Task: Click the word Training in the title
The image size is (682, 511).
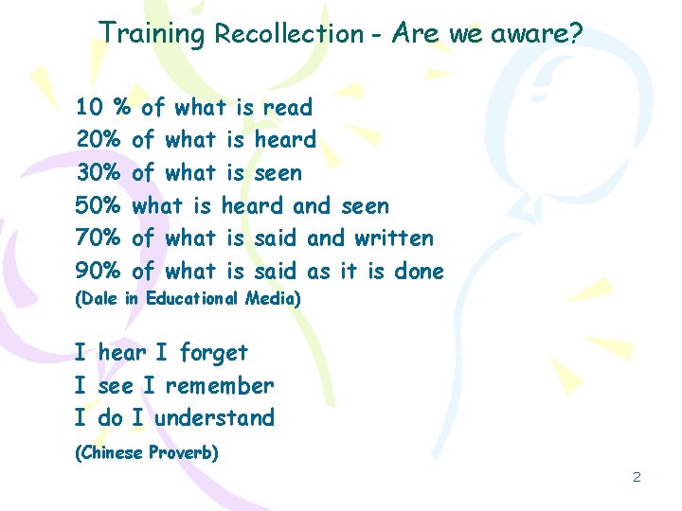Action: click(x=152, y=34)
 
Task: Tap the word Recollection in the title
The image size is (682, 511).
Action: click(x=288, y=34)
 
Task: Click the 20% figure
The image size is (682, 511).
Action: click(x=99, y=140)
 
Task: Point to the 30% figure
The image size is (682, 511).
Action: click(x=99, y=173)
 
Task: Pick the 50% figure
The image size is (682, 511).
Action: click(x=99, y=205)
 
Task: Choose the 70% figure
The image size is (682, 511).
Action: click(x=99, y=238)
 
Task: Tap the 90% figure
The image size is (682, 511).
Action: click(x=99, y=272)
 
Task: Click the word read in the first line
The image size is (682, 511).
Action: click(x=287, y=108)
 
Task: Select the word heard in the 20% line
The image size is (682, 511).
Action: click(x=285, y=140)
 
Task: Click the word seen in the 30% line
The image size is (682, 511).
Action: click(x=278, y=173)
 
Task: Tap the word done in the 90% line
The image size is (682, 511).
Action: click(x=419, y=272)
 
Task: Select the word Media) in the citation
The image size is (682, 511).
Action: click(x=271, y=299)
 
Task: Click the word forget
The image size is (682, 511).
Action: click(x=213, y=353)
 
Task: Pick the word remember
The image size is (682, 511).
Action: click(x=220, y=385)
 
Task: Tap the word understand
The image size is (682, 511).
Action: click(x=214, y=417)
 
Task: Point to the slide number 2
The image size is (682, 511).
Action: click(x=637, y=477)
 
